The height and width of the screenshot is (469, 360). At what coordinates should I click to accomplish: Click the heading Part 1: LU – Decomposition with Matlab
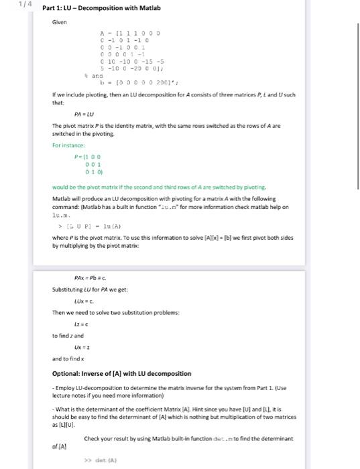pyautogui.click(x=101, y=8)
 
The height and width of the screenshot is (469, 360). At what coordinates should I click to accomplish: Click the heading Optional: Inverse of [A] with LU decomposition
pyautogui.click(x=121, y=373)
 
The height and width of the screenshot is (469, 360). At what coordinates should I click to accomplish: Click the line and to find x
pyautogui.click(x=68, y=359)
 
